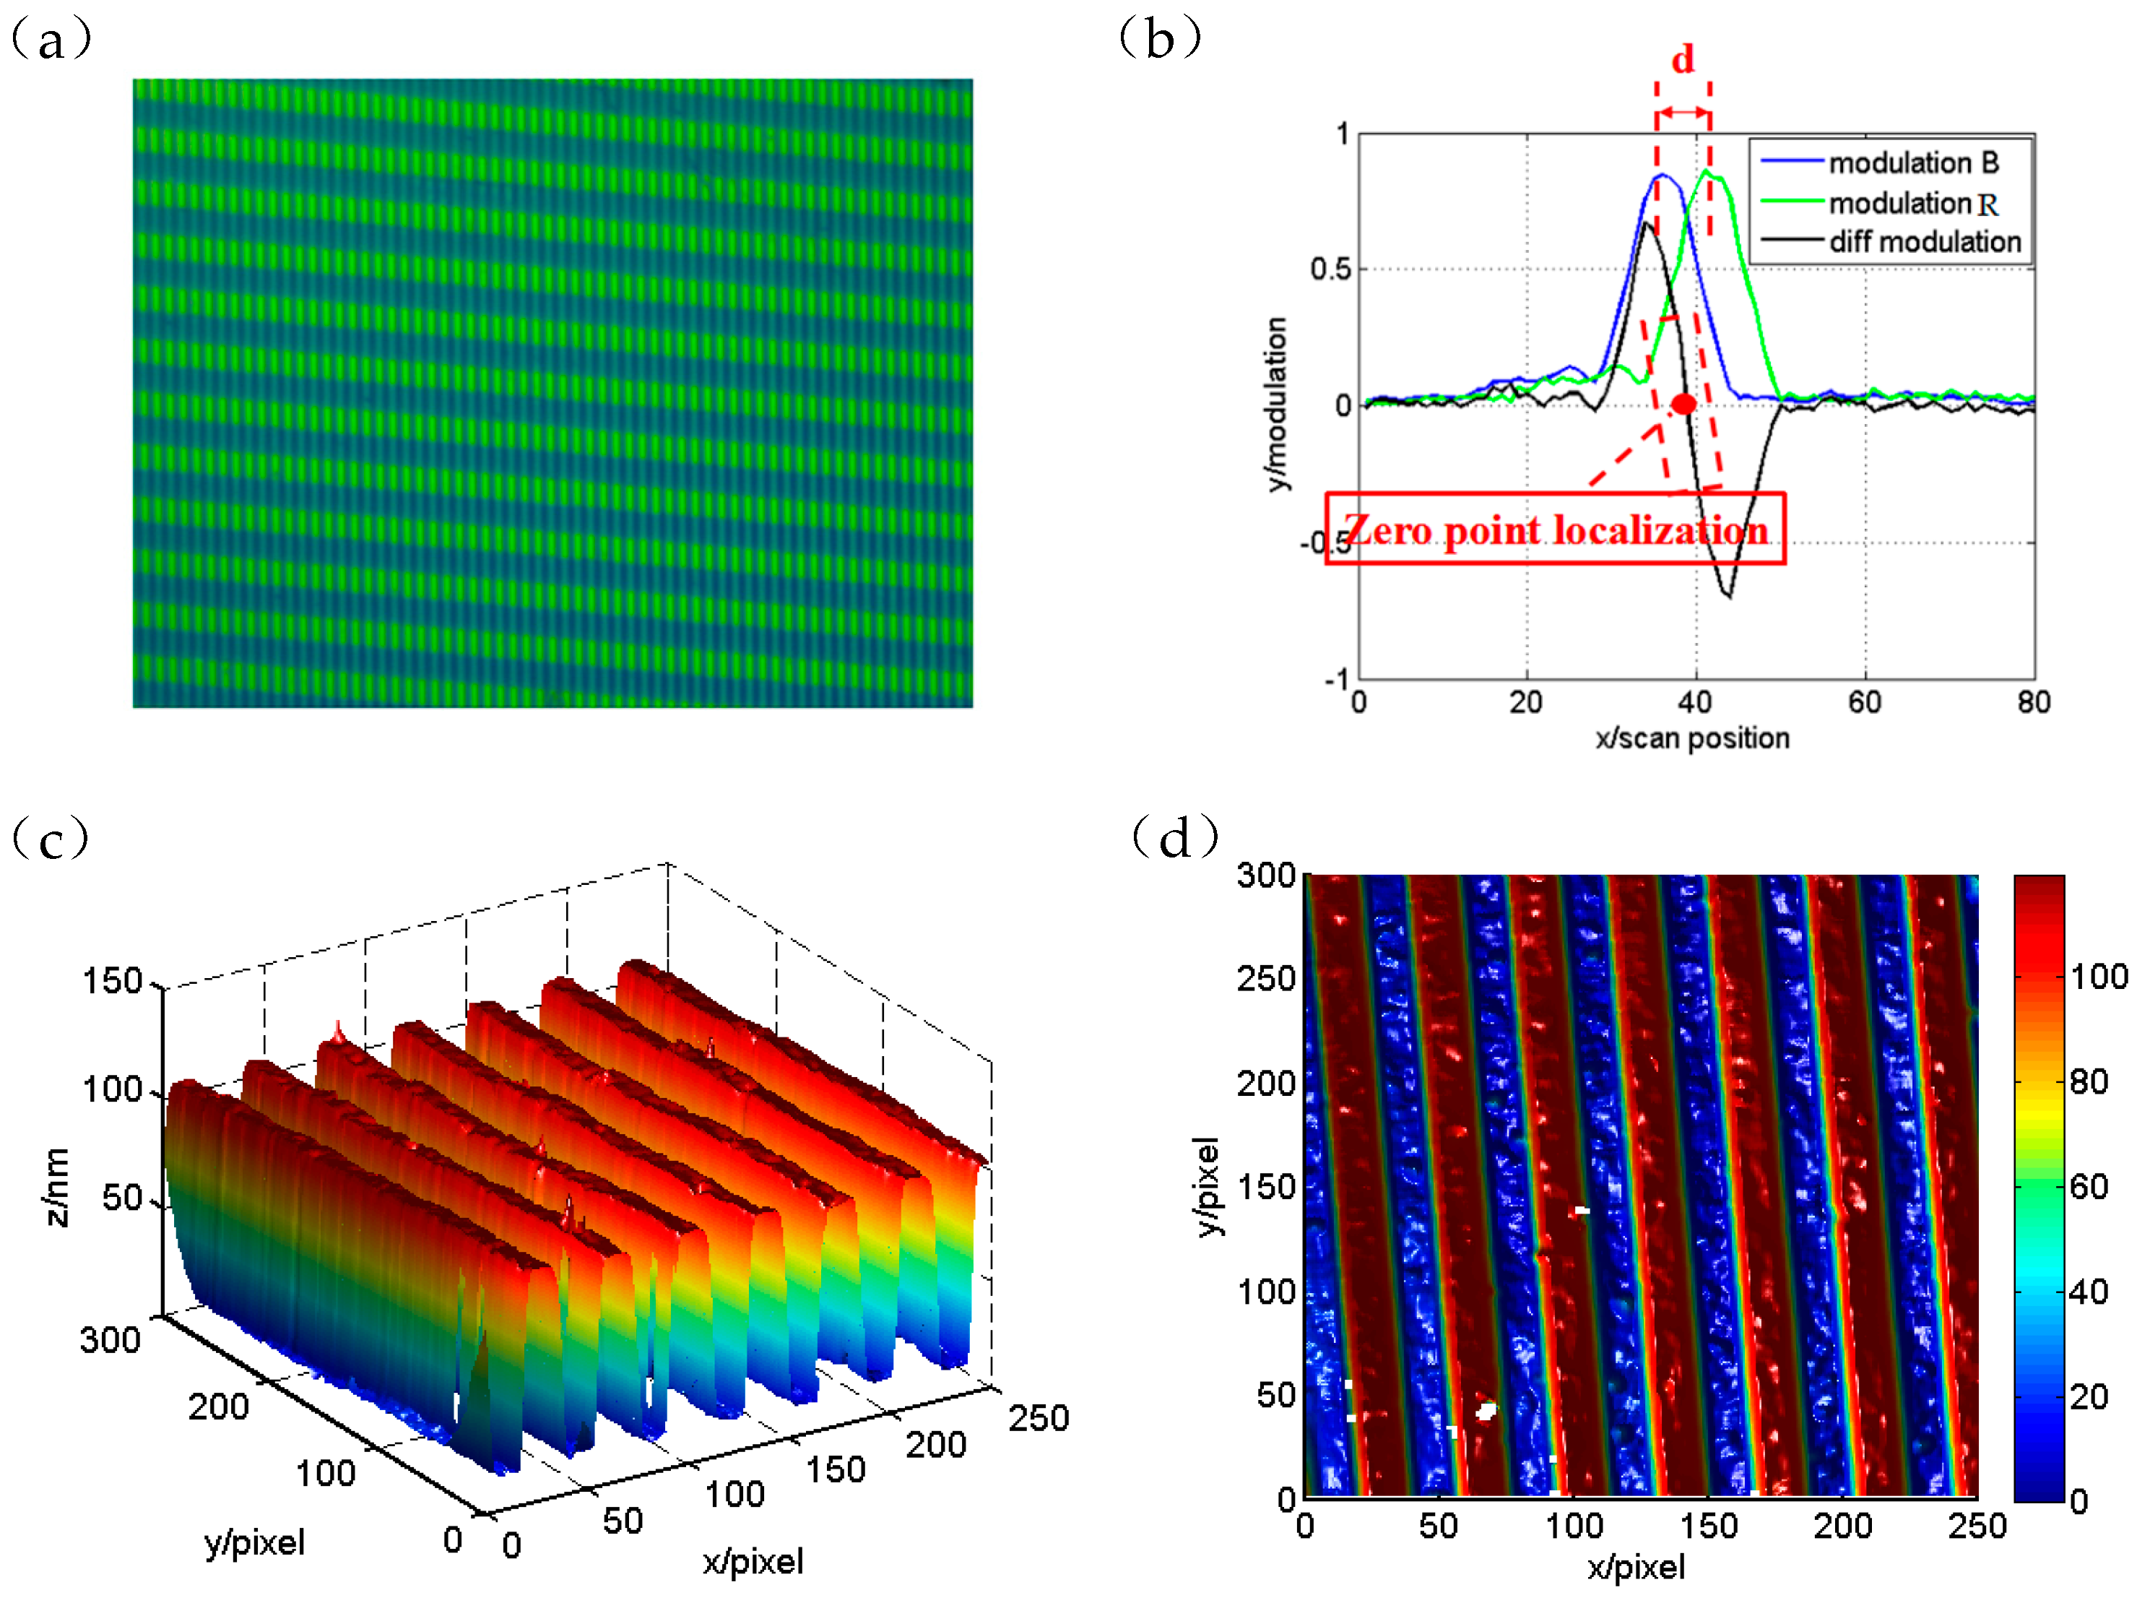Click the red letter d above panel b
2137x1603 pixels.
click(1683, 60)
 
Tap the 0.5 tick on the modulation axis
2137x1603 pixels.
click(1330, 269)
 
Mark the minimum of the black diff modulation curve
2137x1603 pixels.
click(1728, 596)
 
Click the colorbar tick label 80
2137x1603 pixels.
click(2089, 1082)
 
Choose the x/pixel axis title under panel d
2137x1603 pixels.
click(1636, 1568)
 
